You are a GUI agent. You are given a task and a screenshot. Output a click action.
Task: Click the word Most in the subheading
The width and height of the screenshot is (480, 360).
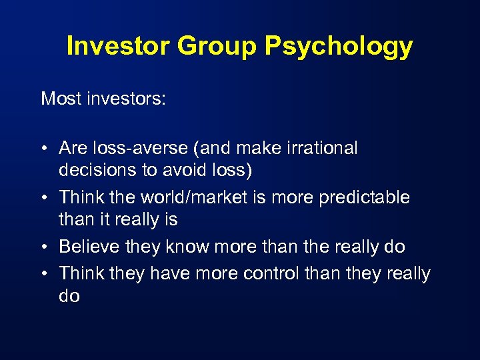click(59, 99)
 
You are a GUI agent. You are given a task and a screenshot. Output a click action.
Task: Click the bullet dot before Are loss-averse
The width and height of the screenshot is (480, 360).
click(45, 149)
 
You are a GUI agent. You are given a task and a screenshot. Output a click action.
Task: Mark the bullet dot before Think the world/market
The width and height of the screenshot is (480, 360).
click(45, 198)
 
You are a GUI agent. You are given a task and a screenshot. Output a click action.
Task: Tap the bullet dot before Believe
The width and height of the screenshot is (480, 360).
click(45, 247)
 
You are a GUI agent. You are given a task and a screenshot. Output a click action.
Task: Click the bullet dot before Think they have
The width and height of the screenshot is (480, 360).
click(45, 274)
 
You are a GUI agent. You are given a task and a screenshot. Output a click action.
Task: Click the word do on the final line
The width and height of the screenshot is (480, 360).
click(69, 296)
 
